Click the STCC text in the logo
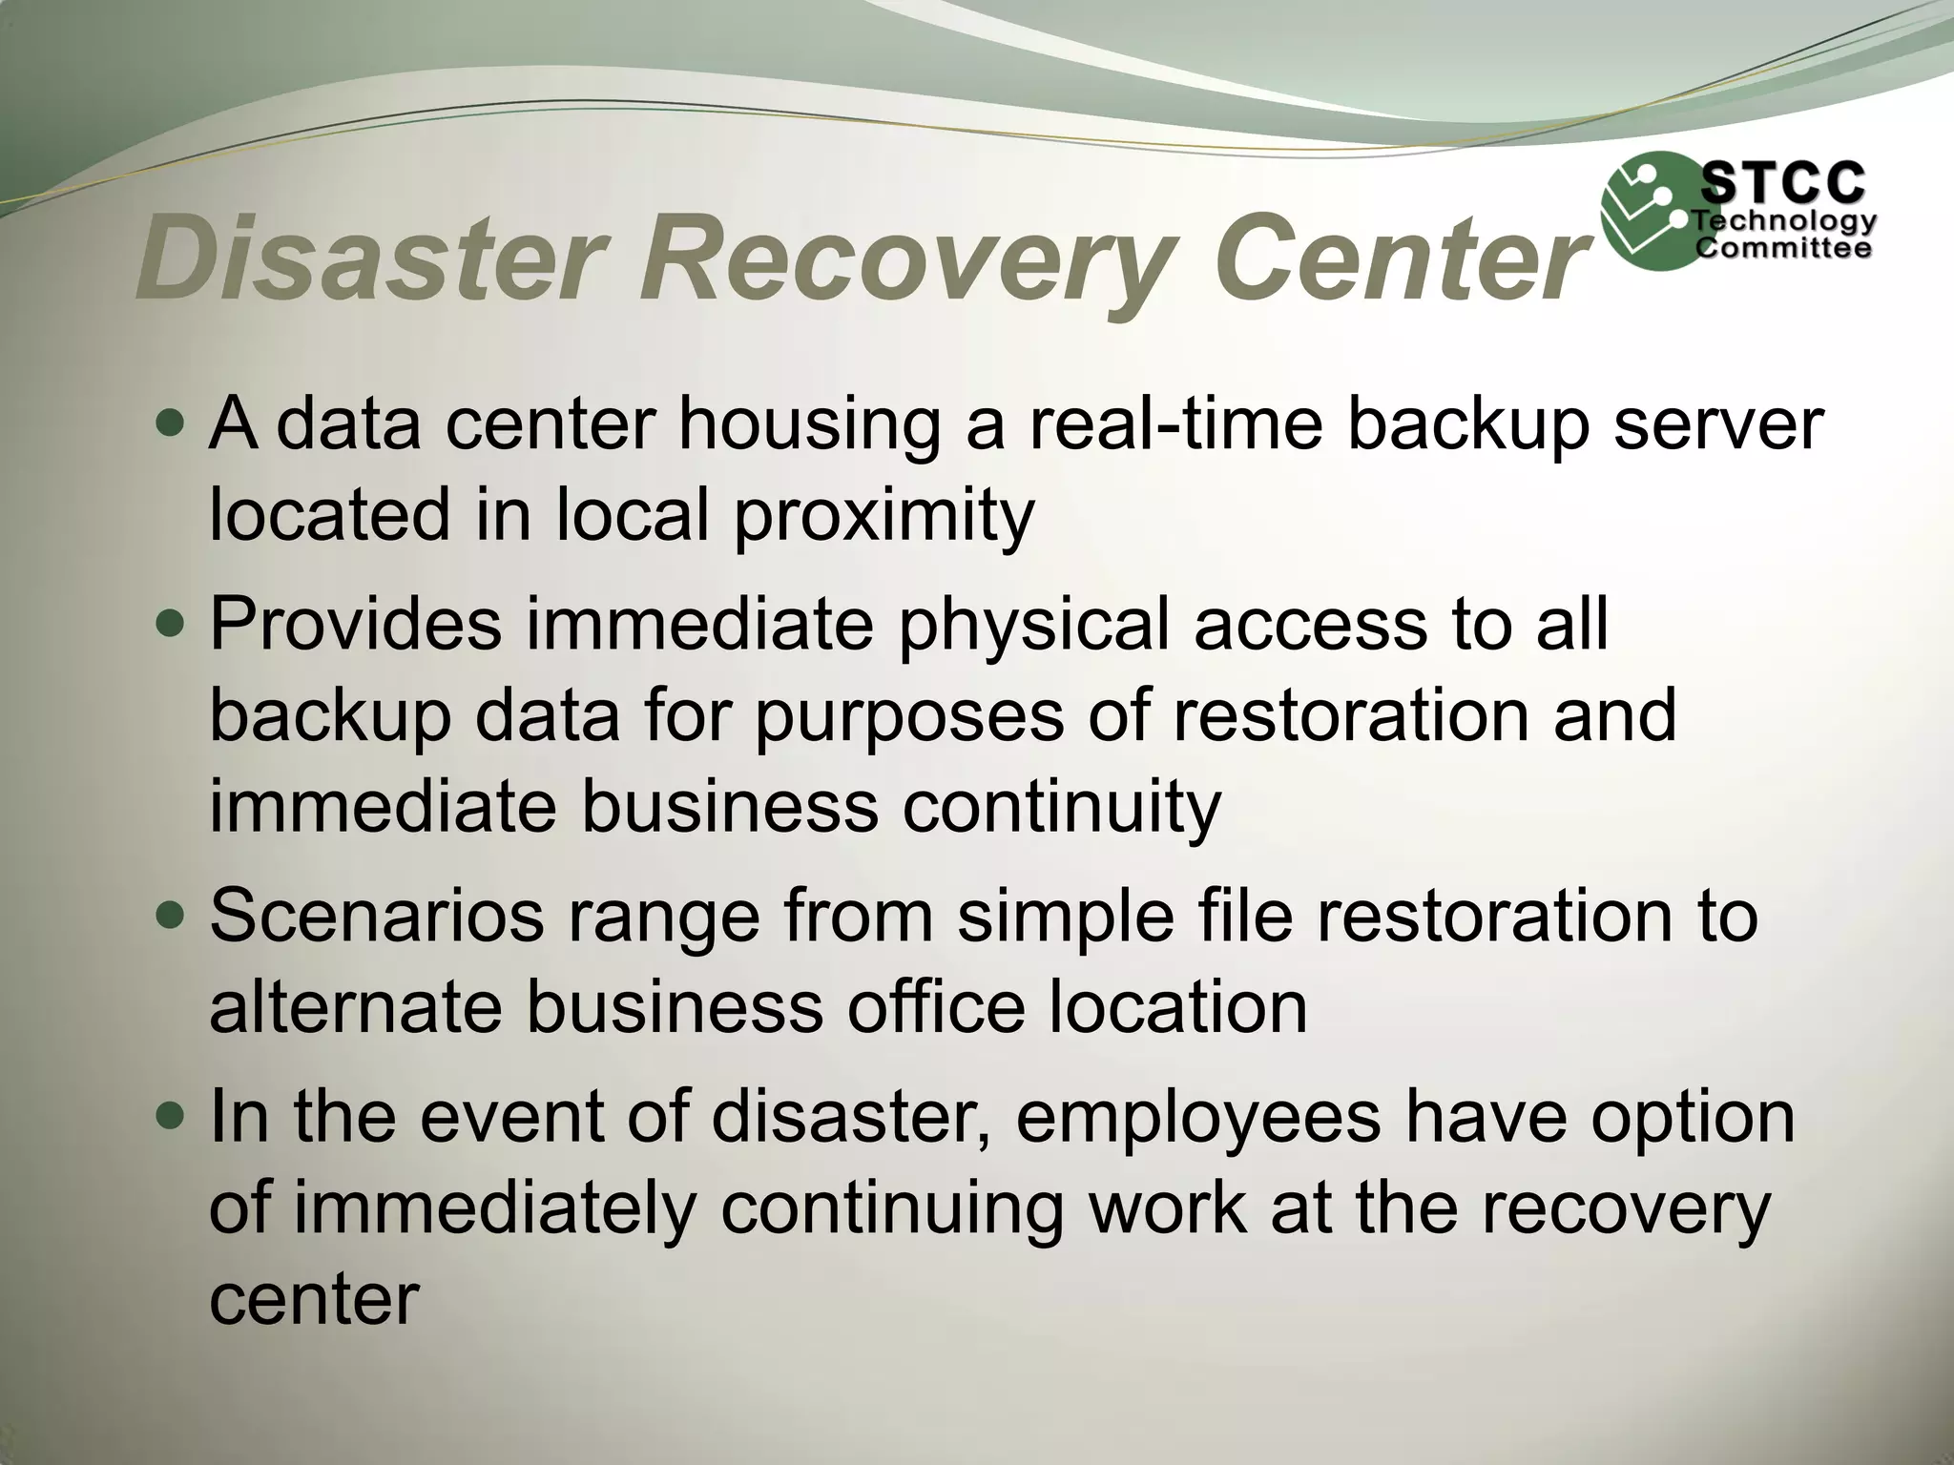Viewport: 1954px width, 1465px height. pos(1783,183)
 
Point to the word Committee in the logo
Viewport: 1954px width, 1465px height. pos(1782,249)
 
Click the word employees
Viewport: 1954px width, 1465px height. pos(1198,1116)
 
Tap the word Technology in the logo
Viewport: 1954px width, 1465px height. pos(1784,222)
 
